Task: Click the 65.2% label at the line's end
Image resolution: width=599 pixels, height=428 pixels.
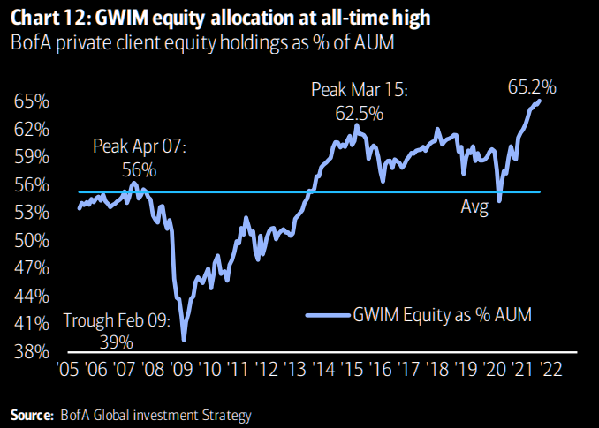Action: [533, 86]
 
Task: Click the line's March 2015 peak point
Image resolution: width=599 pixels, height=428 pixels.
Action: [357, 125]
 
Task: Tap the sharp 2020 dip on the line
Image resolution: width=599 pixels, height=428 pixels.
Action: [499, 201]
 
